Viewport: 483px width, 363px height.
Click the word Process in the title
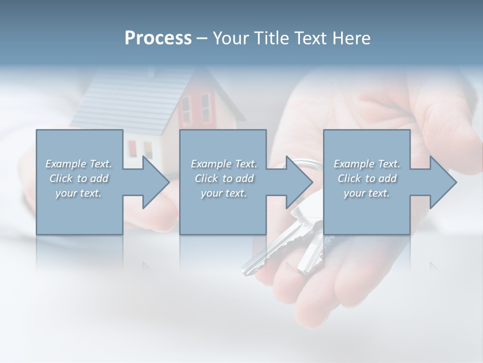[x=158, y=38]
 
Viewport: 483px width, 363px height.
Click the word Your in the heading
[x=229, y=38]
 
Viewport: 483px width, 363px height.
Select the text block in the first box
[x=78, y=178]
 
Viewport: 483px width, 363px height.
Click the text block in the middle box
[x=223, y=178]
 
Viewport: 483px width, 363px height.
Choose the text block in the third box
[x=367, y=178]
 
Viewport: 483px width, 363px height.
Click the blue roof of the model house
[x=131, y=101]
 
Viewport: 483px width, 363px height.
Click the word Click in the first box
[x=61, y=178]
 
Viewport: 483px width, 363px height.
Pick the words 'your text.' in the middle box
[x=223, y=193]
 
